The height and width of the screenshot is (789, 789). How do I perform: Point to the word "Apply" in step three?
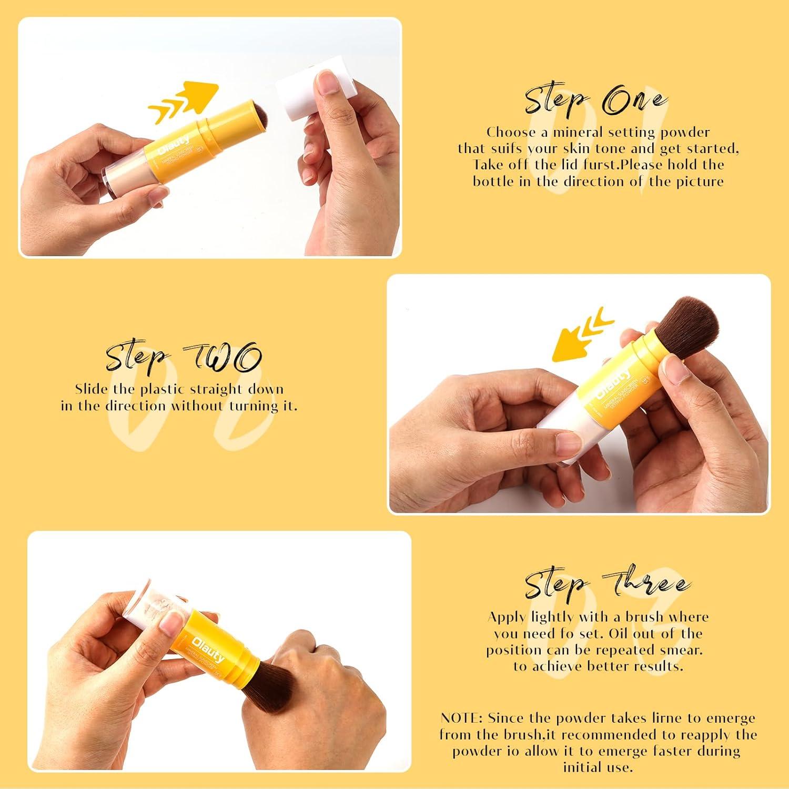tap(507, 617)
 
